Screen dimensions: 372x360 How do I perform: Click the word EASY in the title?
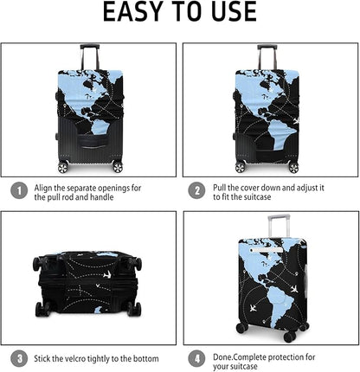[x=130, y=12]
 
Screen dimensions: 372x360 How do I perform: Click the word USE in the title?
[x=230, y=12]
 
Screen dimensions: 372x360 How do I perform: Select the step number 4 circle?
[x=197, y=356]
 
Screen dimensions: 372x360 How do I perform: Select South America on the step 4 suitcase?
[x=275, y=285]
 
